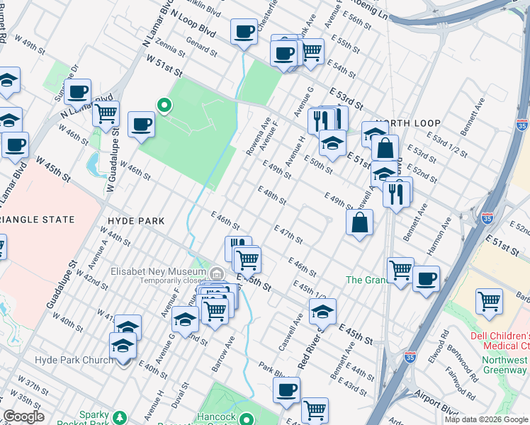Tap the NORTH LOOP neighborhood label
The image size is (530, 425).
tap(404, 121)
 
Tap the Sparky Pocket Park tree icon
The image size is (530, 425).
tap(120, 416)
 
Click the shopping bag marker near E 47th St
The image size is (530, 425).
tap(360, 222)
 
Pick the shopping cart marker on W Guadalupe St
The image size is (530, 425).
tap(106, 112)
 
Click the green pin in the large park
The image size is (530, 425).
tap(164, 106)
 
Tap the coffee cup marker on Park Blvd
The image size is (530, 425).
tap(287, 390)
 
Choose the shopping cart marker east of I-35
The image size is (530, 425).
tap(489, 301)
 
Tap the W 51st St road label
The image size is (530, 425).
tap(165, 69)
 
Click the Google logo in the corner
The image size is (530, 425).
tap(23, 416)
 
